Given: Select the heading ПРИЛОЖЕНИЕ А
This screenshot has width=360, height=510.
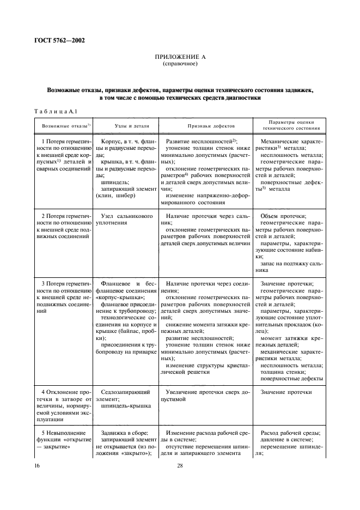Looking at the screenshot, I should click(x=180, y=57).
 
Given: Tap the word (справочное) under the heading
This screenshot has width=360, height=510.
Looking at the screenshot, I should click(x=180, y=63).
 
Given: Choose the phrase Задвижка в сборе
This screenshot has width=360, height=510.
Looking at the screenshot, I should click(x=124, y=433).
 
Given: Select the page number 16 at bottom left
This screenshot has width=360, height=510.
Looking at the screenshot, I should click(x=37, y=466).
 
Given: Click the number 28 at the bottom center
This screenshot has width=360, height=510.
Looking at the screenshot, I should click(x=180, y=466).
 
